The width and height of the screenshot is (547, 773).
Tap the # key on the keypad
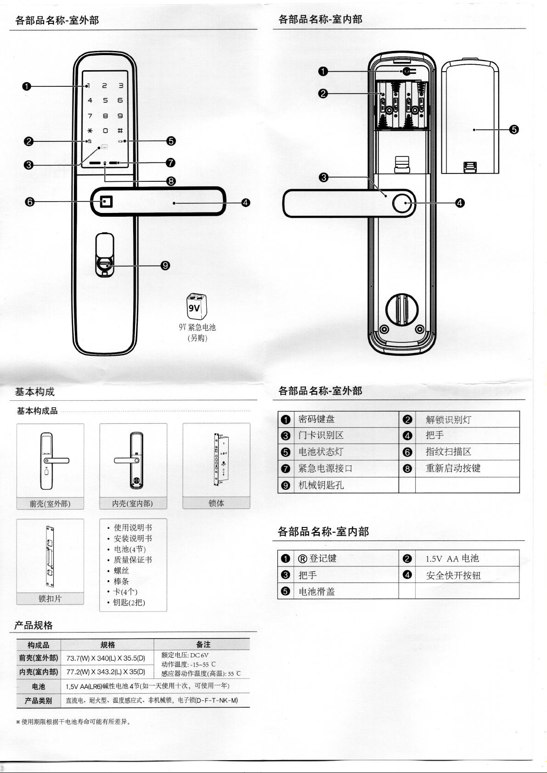pos(120,131)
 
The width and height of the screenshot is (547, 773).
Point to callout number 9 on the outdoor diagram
pos(166,265)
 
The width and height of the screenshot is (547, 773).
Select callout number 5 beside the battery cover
pos(514,129)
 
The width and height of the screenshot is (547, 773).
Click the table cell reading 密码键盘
pos(316,419)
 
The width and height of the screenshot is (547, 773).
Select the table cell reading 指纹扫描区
pos(448,452)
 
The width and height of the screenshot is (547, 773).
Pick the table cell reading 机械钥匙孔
pos(321,485)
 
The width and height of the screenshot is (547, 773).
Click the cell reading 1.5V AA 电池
pos(452,559)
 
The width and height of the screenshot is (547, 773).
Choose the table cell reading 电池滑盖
pos(317,592)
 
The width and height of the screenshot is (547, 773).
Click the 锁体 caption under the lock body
pos(216,503)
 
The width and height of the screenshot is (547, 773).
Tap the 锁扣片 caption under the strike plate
pos(50,599)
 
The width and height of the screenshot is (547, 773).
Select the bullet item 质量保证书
pos(133,560)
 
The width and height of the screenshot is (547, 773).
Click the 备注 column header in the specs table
pos(203,644)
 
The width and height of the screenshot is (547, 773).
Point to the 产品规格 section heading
pos(34,625)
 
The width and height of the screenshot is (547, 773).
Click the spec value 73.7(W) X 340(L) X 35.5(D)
pos(106,658)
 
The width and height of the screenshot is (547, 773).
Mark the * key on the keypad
pos(90,131)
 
